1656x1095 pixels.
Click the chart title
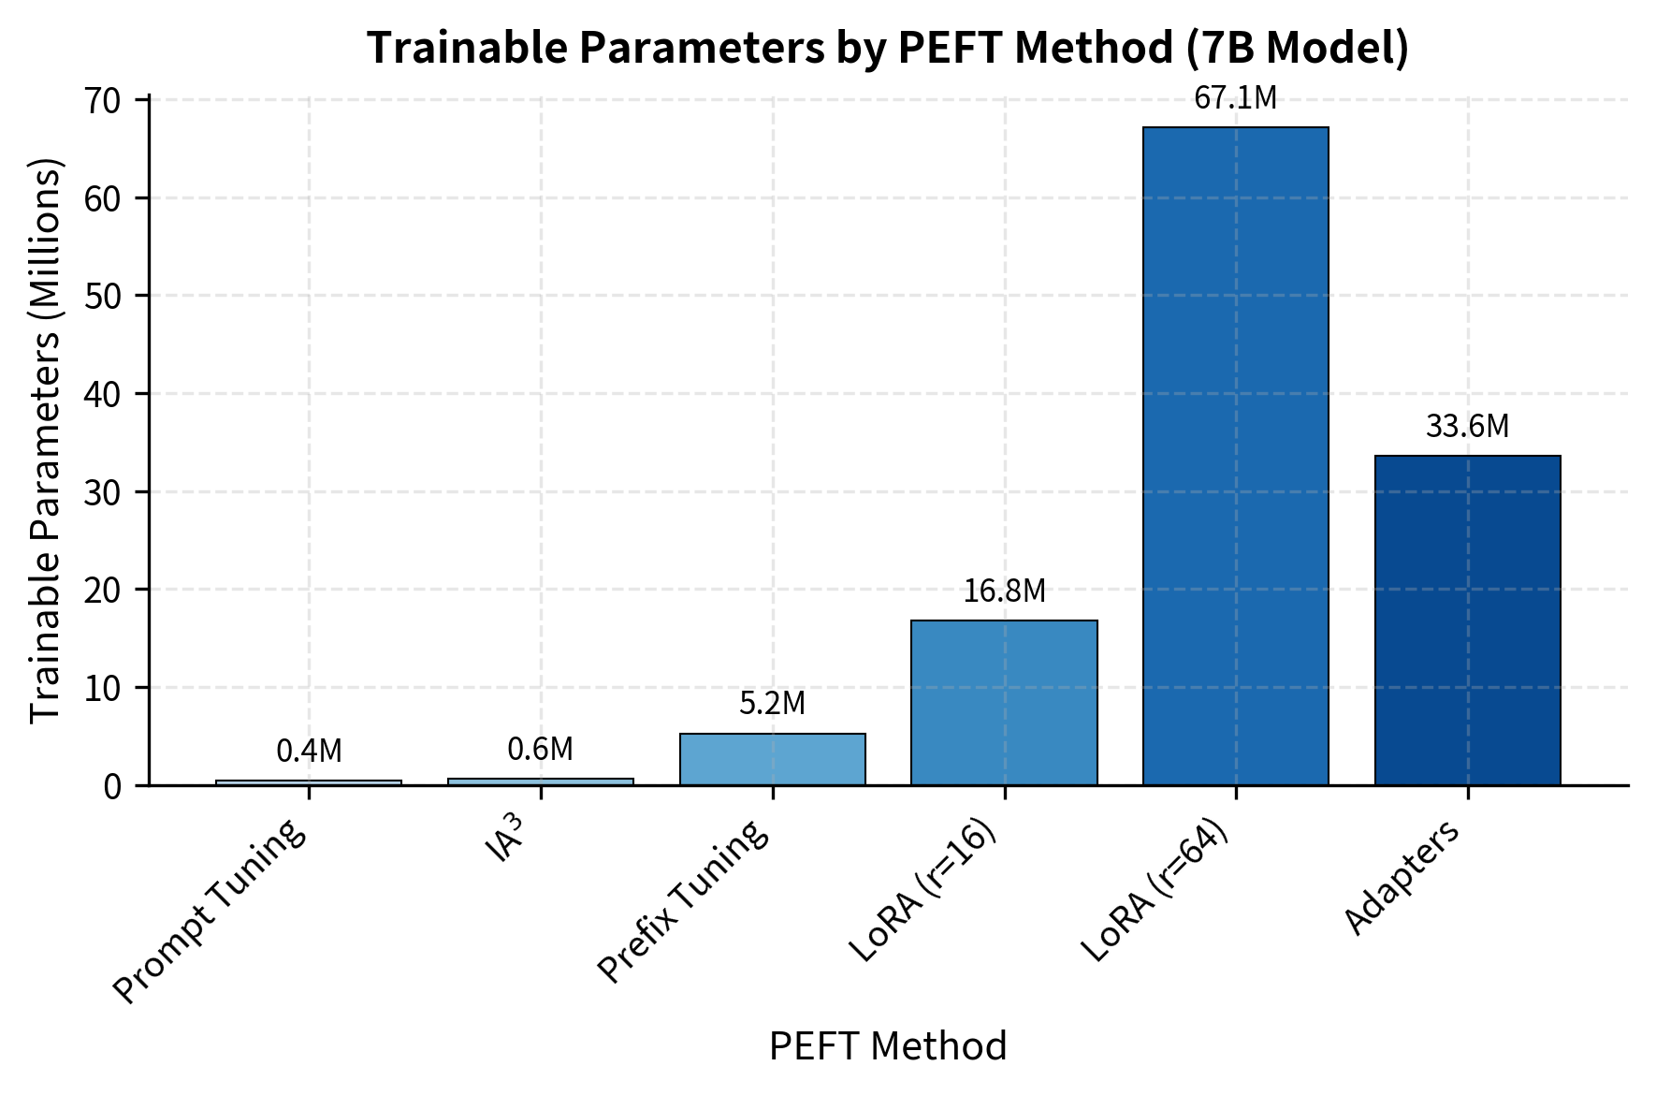coord(887,48)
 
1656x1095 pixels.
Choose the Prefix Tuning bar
coord(772,759)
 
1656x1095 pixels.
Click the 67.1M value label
coord(1235,98)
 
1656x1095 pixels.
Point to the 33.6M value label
coord(1467,427)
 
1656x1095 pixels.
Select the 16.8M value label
coord(1004,591)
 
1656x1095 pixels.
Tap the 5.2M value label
coord(772,704)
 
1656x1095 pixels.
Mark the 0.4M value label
coord(309,751)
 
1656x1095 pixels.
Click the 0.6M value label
coord(540,749)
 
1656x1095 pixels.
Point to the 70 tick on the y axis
coord(103,100)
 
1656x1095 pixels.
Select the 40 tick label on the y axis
coord(103,394)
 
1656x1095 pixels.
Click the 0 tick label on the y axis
coord(112,786)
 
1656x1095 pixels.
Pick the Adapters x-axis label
coord(1402,877)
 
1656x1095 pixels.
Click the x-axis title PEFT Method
coord(887,1046)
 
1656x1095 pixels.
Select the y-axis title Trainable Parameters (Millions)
coord(45,440)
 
